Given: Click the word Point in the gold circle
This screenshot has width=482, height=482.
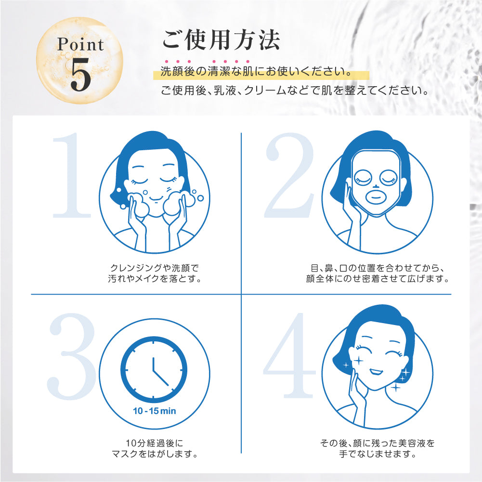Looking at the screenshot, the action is point(80,44).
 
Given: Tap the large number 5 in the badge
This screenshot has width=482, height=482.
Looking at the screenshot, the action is point(80,75).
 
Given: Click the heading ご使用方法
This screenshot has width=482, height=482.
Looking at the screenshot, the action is point(221,39).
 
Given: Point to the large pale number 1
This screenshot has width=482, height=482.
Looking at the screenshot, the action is point(71,175).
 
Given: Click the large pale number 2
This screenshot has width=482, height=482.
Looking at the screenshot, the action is point(289,175).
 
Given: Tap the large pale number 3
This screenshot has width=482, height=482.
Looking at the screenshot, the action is point(71,356).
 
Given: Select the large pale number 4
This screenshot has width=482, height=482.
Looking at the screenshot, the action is point(289,355).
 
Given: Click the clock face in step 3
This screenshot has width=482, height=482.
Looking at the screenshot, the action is point(154,369).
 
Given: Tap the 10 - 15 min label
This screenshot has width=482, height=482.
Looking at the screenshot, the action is point(154,411).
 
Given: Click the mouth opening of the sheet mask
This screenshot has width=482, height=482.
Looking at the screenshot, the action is point(375,195).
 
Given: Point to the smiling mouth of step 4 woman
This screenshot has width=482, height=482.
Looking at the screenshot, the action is point(376,371).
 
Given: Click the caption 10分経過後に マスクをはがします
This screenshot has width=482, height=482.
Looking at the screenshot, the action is point(155,448).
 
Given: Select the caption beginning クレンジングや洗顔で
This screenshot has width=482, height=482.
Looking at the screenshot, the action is point(155,274).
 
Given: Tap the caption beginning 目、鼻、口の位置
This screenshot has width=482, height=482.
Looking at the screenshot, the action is point(377,274).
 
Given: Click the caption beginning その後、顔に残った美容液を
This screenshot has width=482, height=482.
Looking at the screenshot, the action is point(378,448).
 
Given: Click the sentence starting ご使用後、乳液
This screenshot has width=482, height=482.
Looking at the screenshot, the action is point(295,91).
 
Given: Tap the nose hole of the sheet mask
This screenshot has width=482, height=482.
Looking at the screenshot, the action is point(375,186).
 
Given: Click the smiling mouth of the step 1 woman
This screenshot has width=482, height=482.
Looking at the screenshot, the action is point(156,198).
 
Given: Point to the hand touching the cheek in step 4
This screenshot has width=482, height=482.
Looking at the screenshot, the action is point(357,397).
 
